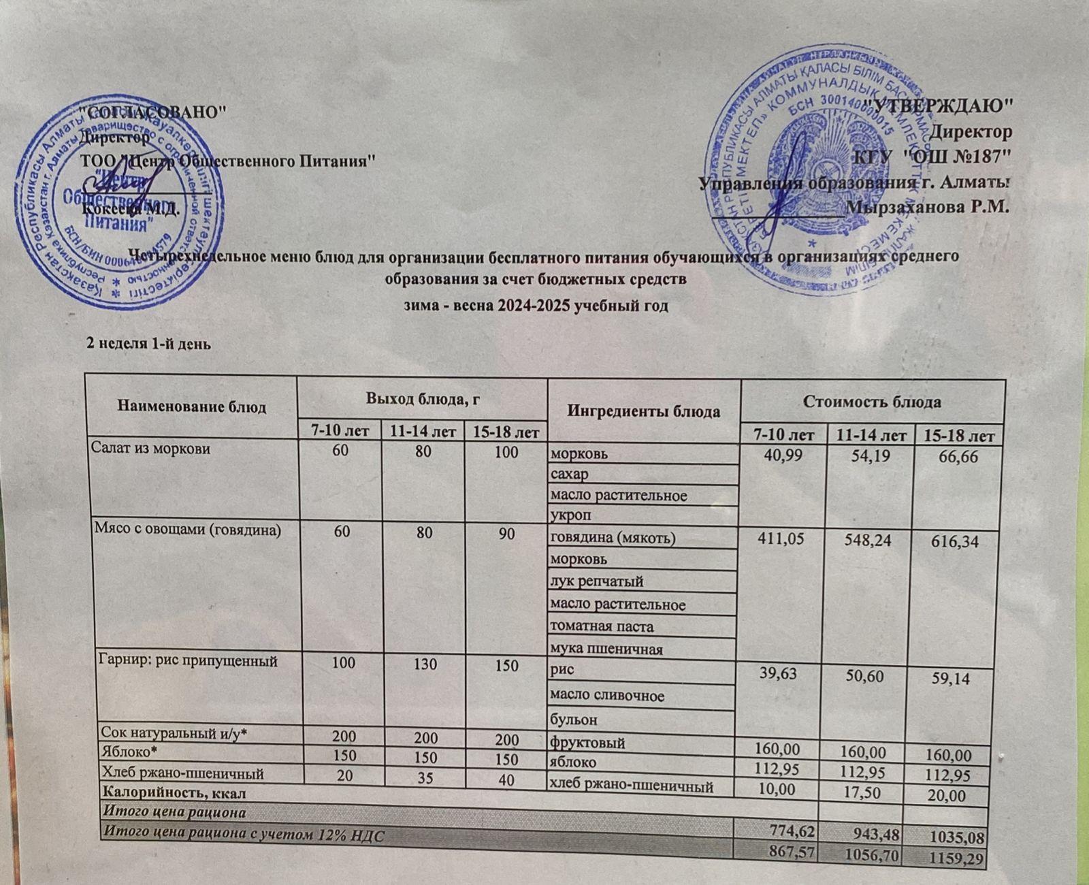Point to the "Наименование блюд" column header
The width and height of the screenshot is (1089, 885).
192,407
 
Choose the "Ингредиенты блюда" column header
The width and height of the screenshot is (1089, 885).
644,411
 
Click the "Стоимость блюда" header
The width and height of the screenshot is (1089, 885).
872,402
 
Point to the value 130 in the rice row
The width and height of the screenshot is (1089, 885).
425,663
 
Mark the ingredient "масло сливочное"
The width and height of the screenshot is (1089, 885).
607,696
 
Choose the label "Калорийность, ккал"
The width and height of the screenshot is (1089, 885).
174,792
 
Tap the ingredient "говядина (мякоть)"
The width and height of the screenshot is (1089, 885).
613,538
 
